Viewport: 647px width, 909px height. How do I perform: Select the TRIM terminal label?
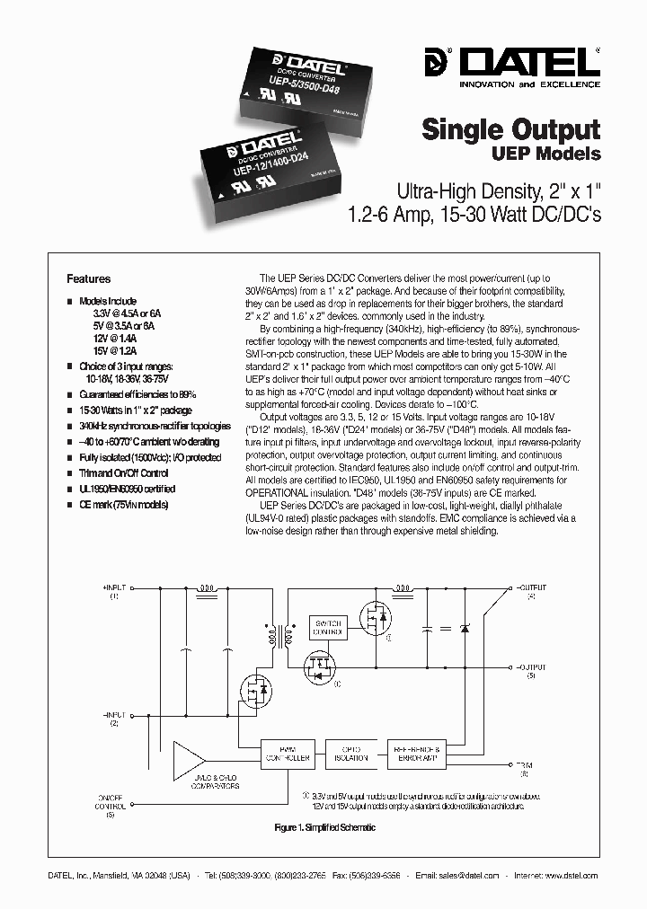pos(524,768)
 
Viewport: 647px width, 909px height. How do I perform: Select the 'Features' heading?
pos(89,279)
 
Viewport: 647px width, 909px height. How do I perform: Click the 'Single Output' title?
pos(510,129)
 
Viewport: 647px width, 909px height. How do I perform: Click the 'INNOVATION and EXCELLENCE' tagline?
pos(530,84)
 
